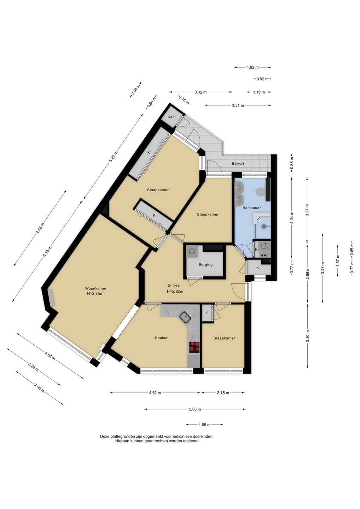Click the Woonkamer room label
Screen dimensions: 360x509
[96, 288]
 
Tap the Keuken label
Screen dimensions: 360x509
[162, 338]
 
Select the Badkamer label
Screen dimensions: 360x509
[251, 208]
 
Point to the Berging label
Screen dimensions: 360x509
[205, 264]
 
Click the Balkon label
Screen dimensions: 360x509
[238, 163]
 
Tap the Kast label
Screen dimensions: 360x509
[172, 117]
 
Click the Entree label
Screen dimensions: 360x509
[174, 285]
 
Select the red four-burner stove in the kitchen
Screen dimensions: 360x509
[194, 347]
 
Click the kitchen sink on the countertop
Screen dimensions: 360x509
[186, 316]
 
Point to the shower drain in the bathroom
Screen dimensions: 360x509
[264, 226]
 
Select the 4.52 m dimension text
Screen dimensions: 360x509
[155, 393]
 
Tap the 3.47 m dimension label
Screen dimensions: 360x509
[323, 268]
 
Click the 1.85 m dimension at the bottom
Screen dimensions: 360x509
[204, 425]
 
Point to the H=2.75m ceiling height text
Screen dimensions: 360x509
[95, 293]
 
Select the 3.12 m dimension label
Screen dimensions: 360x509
[201, 92]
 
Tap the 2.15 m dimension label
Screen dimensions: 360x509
[223, 393]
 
